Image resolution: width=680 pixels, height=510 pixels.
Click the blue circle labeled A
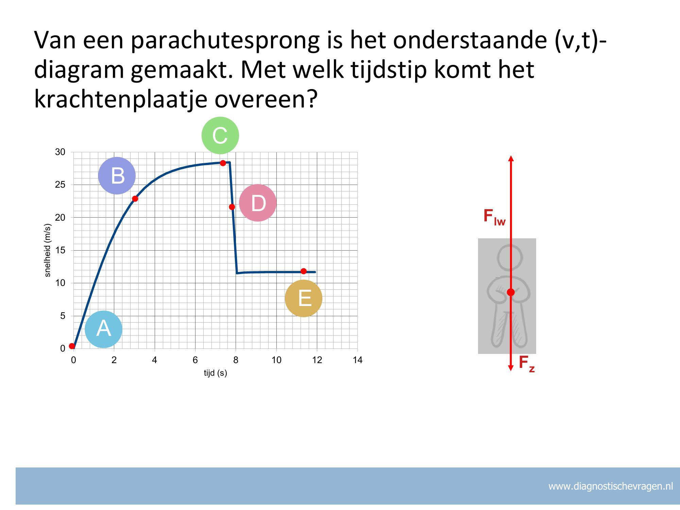(103, 329)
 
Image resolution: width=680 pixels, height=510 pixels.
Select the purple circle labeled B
(117, 176)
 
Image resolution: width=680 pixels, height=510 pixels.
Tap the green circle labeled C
(220, 135)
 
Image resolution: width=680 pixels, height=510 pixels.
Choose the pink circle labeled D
(258, 203)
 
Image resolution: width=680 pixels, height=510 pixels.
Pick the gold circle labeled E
(304, 299)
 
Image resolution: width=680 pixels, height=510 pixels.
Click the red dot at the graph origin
(72, 346)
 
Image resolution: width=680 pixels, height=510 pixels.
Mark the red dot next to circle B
(135, 199)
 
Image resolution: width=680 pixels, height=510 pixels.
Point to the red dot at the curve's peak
(223, 163)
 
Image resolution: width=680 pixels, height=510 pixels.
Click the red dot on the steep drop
(232, 207)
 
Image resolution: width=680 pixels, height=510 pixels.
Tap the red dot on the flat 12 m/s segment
(304, 271)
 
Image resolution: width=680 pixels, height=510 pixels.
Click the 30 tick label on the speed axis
(60, 152)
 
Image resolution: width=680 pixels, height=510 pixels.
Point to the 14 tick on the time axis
(358, 360)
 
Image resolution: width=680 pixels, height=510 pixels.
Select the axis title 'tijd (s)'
(215, 373)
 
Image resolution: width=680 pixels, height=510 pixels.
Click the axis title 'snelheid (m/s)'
(48, 250)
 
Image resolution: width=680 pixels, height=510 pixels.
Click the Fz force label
(527, 364)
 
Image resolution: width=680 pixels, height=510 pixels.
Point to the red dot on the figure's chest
(511, 292)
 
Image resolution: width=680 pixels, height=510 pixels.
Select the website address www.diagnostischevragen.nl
(611, 487)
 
